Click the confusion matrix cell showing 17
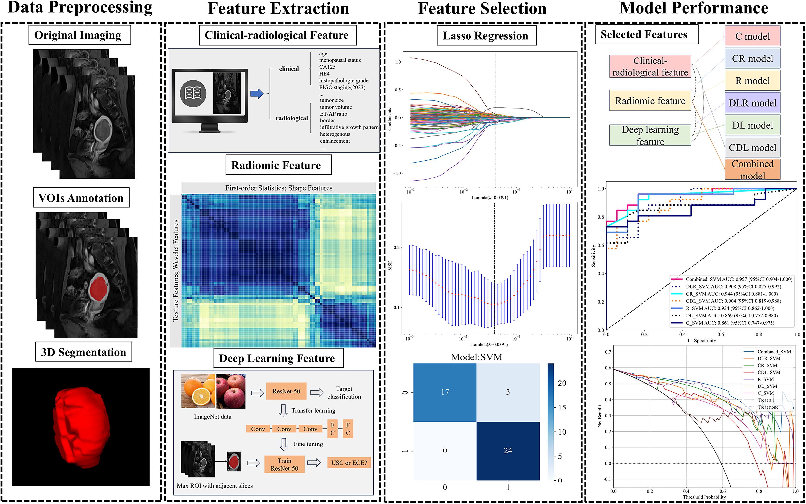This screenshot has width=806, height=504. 445,392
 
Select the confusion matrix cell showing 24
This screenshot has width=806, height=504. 508,451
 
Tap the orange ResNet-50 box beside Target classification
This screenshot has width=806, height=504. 286,391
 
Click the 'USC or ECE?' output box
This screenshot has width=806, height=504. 349,463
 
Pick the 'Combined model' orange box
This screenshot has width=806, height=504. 752,169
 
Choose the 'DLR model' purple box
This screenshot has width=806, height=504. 752,103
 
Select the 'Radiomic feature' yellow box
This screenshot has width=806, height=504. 650,101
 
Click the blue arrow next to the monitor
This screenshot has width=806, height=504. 257,94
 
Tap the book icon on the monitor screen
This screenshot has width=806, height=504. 193,93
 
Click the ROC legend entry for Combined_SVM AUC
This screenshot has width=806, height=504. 738,279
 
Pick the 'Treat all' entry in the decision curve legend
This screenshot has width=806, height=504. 765,400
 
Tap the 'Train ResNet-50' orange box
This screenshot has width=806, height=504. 284,464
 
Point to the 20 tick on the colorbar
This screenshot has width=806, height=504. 562,383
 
